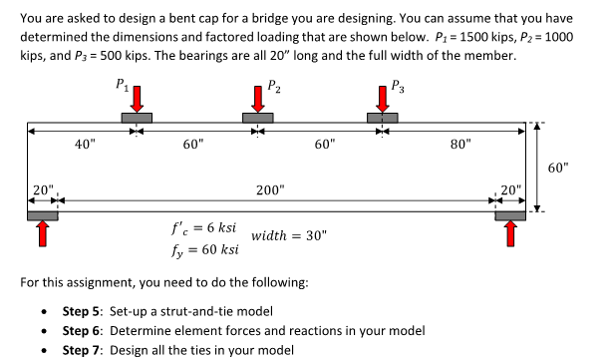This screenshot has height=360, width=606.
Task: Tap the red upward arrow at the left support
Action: (x=42, y=231)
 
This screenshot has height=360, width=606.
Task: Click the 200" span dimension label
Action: (x=269, y=188)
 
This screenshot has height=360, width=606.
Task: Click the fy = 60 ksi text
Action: (x=206, y=247)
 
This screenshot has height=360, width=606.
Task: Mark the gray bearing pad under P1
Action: (x=138, y=118)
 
